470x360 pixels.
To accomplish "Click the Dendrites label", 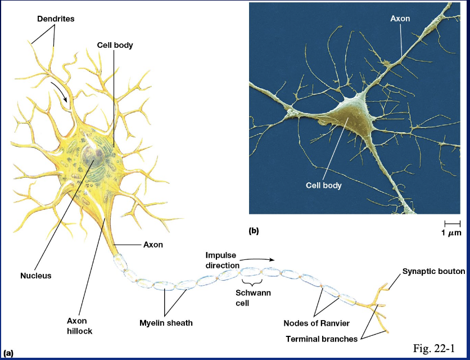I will (x=56, y=19).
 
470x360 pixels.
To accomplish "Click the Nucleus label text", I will (x=36, y=276).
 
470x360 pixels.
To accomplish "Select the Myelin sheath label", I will (x=166, y=323).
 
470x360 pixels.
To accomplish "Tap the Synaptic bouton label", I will (x=433, y=271).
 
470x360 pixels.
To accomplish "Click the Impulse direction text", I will (x=222, y=260).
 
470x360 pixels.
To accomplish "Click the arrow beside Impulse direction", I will (x=260, y=259).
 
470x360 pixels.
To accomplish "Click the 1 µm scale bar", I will (x=451, y=224).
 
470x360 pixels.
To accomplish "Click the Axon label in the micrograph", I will (x=400, y=19).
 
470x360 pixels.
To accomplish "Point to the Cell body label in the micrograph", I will (x=324, y=184).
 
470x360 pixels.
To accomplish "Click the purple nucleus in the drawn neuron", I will (x=91, y=155).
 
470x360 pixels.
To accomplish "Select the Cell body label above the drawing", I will (x=115, y=45).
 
